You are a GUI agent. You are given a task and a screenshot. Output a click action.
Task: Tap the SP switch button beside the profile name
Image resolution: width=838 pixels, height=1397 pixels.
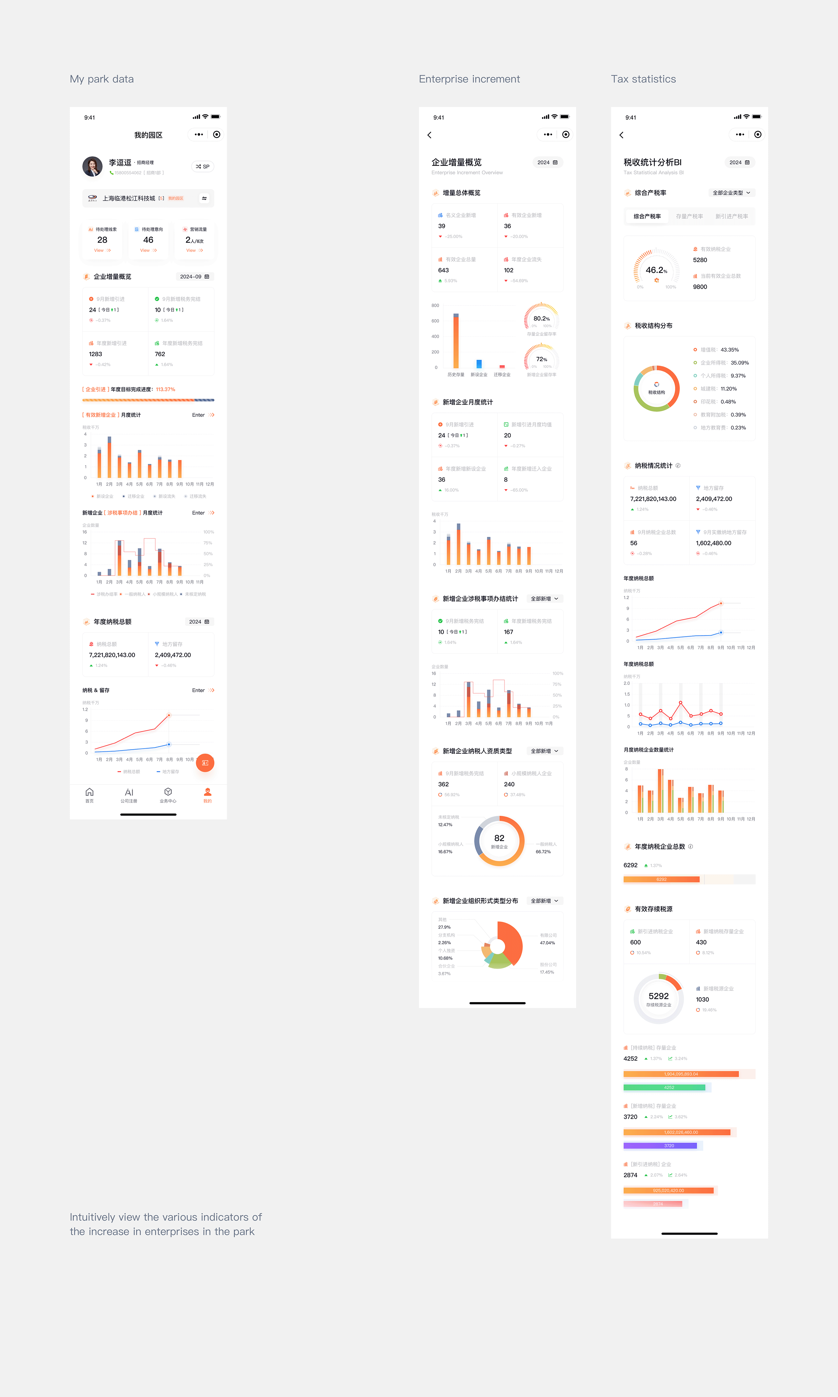tap(203, 167)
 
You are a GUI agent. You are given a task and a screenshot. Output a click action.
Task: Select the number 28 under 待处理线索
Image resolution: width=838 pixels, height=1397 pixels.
tap(102, 240)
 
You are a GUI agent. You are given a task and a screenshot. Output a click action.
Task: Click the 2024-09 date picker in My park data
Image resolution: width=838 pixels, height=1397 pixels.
tap(194, 277)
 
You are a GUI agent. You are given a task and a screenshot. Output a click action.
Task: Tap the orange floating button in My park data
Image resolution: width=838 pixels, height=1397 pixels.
tap(205, 763)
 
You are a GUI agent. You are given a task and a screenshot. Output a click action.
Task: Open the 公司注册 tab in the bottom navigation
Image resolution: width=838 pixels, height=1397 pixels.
tap(129, 795)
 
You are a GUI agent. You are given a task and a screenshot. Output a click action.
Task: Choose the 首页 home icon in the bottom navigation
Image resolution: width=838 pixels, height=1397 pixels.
tap(89, 795)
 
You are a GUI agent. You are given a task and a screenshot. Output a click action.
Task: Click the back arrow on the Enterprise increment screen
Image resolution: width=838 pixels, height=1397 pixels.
tap(430, 135)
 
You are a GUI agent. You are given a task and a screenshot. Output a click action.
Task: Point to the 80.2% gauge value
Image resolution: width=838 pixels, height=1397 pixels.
tap(541, 319)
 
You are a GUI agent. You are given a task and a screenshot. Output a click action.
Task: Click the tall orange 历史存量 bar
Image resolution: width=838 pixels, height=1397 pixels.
tap(456, 341)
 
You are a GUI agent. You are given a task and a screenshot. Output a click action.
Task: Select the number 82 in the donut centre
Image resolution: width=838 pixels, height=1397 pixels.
tap(499, 838)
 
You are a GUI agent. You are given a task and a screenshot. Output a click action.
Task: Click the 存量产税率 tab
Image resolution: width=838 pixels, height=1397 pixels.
tap(689, 216)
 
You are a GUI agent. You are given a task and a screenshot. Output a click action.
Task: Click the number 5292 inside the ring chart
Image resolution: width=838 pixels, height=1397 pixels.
tap(658, 996)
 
